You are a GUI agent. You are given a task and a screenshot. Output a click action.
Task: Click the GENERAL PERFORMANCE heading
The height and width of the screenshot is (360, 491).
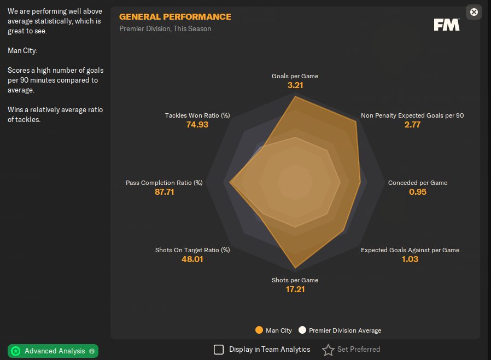coord(175,17)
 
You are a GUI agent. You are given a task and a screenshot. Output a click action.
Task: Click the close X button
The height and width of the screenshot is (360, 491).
coord(474,11)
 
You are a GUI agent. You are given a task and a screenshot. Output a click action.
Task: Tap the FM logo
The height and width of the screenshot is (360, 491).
coord(446,25)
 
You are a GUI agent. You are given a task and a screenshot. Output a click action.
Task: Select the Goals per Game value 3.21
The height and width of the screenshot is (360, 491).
coord(295,85)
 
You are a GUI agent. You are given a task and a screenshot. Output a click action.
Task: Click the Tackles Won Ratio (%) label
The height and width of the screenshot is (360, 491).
coord(197,115)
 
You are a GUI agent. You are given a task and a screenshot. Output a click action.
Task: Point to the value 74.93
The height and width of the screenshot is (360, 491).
coord(197,125)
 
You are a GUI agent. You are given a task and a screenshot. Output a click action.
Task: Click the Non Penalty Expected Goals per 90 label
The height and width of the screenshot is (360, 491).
coord(412,115)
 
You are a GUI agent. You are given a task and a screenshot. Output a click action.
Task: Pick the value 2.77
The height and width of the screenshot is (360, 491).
coord(412,125)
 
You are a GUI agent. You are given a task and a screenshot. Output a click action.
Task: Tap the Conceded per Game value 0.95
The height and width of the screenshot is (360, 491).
coord(418,192)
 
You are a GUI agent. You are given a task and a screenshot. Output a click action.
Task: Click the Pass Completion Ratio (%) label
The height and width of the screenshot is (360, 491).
coord(164,183)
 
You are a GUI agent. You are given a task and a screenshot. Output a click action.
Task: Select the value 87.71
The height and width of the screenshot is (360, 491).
coord(164,192)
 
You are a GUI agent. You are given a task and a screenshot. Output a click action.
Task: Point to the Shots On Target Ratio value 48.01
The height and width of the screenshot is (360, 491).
coord(192,259)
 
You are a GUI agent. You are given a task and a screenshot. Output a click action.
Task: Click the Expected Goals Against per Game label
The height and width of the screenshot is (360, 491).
coord(410,250)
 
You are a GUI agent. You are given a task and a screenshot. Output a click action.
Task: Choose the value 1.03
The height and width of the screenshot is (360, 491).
coord(410,259)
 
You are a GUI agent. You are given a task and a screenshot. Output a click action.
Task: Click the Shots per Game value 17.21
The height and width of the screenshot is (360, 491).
coord(295,289)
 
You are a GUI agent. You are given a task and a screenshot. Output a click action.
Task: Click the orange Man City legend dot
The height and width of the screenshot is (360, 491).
coord(259,330)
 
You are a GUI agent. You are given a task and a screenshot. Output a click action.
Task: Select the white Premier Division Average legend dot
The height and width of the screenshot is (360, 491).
coord(302,330)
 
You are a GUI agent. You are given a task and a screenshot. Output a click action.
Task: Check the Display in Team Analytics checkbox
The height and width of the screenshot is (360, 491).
coord(219,350)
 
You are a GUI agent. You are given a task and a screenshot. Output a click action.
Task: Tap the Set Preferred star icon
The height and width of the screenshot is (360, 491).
coord(328,350)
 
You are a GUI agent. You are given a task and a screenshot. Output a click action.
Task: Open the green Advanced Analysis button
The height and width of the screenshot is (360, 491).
coord(53,351)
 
